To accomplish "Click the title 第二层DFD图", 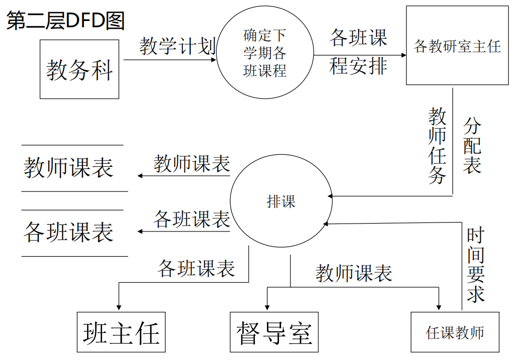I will [x=66, y=22].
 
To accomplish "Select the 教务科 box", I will [x=80, y=69].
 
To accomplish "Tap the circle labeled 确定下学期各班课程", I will [x=265, y=53].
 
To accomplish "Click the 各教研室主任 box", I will [x=457, y=46].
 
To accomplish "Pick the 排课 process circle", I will [x=281, y=201].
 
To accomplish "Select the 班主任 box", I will [x=121, y=332].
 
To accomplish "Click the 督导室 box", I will [x=274, y=332].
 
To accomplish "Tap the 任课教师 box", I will [x=455, y=332].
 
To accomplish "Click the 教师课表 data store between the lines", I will [x=69, y=168].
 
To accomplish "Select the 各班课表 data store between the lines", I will [x=69, y=232].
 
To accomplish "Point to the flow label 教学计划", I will [x=177, y=47].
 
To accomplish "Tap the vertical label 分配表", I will [x=472, y=145].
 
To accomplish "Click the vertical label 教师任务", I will [x=437, y=145].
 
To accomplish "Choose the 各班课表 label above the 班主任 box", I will [x=197, y=268].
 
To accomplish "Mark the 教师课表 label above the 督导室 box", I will [x=354, y=273].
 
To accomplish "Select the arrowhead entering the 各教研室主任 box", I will [x=403, y=55].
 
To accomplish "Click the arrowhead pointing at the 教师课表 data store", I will [x=141, y=175].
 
